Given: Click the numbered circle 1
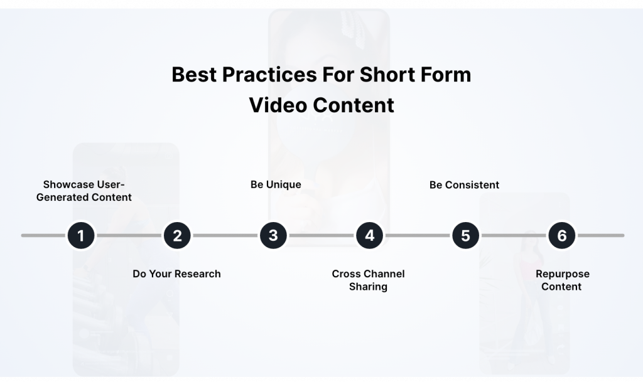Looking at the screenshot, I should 81,236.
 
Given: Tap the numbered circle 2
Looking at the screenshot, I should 177,236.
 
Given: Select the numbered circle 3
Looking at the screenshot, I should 273,236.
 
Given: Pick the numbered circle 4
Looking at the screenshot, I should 369,236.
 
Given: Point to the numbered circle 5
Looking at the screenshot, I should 465,236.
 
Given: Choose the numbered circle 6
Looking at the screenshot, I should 562,236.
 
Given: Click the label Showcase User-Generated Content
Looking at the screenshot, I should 84,191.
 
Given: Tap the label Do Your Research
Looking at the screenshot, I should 176,273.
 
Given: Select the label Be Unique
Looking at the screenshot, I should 276,184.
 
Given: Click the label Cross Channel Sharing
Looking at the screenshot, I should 368,280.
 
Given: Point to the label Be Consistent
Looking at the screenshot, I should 464,184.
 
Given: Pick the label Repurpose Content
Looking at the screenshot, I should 562,280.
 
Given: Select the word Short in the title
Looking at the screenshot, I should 384,75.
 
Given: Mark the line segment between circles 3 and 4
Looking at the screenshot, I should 321,236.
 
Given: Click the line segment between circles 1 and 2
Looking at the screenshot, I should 129,236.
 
